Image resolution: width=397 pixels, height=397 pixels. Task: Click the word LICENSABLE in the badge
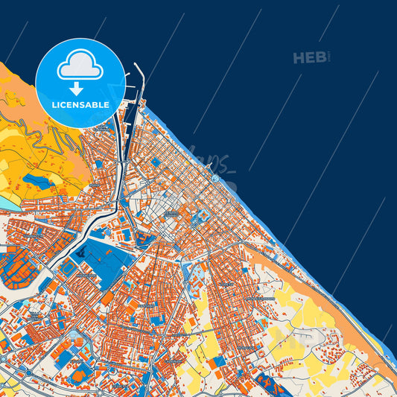(80, 105)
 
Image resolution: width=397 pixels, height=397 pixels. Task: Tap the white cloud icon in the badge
(80, 66)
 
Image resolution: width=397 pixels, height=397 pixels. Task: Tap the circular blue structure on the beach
(215, 179)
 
